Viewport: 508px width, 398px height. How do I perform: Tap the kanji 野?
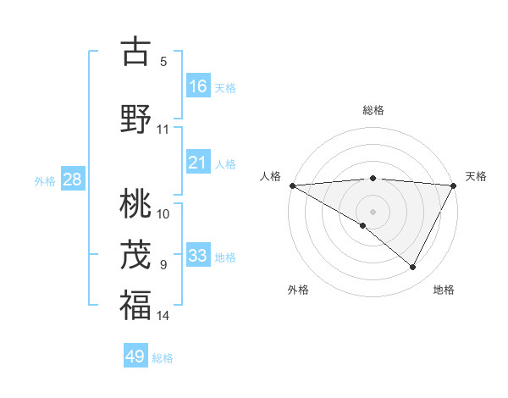135,119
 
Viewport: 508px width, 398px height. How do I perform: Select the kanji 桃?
135,203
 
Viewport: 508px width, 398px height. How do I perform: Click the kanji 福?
135,305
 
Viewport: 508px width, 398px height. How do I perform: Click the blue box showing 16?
198,86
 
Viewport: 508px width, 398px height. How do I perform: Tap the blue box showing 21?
198,163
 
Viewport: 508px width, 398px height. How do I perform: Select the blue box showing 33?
198,256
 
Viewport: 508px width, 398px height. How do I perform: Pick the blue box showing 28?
72,180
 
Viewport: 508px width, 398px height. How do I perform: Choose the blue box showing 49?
135,357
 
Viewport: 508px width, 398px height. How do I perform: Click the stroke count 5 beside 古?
163,62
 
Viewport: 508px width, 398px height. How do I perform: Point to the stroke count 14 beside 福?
163,316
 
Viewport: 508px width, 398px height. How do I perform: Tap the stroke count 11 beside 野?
163,130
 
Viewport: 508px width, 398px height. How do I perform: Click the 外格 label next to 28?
45,180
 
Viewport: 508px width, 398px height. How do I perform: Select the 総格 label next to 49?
163,358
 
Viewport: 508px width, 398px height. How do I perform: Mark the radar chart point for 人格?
292,185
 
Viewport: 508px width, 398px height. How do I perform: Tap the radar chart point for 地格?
413,268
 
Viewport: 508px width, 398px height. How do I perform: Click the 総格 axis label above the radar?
373,110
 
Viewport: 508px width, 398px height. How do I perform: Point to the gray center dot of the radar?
373,211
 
